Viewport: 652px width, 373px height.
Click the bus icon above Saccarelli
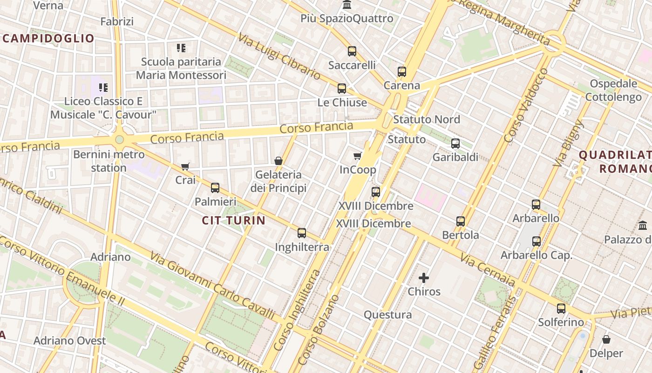pos(352,51)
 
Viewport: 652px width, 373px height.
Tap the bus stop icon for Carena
pos(402,72)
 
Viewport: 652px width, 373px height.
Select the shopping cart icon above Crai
pos(185,166)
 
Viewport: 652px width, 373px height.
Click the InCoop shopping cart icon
pos(358,156)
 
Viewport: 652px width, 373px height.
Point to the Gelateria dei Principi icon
pos(278,161)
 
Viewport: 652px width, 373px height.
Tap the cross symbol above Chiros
pos(424,278)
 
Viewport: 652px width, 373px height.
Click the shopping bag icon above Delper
pos(606,339)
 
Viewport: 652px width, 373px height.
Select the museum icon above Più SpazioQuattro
pos(347,5)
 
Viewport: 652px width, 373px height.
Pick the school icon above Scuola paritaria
pos(181,48)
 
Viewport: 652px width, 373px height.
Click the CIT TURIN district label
pos(234,221)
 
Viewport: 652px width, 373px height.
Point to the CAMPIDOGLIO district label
pos(48,38)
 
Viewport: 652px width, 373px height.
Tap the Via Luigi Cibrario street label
pos(279,56)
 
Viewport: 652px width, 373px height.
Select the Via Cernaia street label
pos(488,270)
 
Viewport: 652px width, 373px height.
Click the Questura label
pos(388,315)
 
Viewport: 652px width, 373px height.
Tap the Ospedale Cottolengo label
pos(613,90)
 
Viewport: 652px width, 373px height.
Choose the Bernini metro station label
pos(109,161)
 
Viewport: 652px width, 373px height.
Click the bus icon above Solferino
pos(561,309)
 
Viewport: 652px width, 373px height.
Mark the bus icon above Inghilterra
pos(302,233)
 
